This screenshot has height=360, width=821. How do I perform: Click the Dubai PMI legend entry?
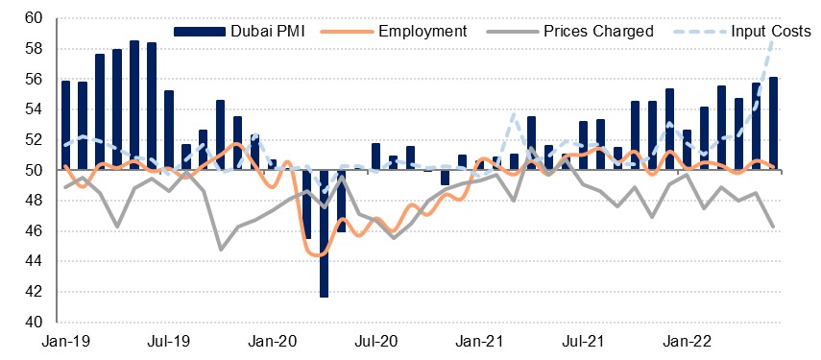tap(239, 32)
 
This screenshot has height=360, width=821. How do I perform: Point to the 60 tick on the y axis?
tap(34, 19)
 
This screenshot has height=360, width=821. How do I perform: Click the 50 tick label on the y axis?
tap(34, 171)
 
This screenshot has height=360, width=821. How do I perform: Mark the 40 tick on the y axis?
tap(34, 323)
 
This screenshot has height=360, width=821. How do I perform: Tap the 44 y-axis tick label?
tap(34, 262)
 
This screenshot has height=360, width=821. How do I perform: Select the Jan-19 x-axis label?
tap(65, 342)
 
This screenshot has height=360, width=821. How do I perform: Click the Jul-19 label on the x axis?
tap(167, 342)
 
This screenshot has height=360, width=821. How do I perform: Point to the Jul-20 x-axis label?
tap(374, 342)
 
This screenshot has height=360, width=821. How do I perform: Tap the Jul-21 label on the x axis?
tap(581, 342)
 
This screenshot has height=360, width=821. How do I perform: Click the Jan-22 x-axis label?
tap(686, 342)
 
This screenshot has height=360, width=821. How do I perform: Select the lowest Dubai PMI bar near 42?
tap(325, 233)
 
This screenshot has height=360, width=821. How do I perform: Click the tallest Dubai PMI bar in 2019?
tap(134, 106)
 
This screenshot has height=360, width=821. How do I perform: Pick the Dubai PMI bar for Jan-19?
tap(65, 126)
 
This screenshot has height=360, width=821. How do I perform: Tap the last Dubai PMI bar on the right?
tap(773, 124)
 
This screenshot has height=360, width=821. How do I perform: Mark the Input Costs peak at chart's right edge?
tap(772, 42)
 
